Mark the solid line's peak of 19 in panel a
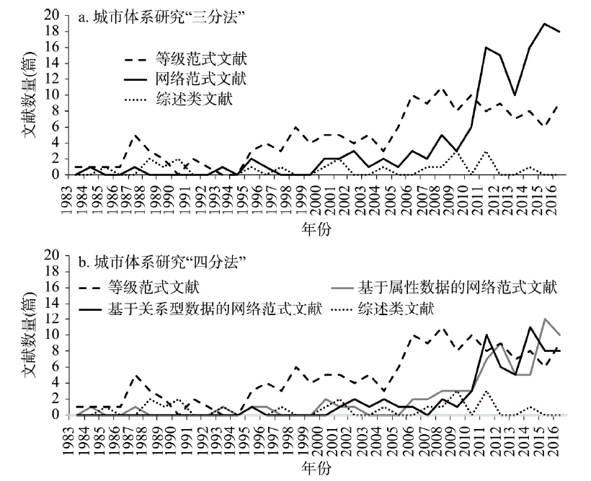tap(545, 24)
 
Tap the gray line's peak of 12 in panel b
tap(545, 319)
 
